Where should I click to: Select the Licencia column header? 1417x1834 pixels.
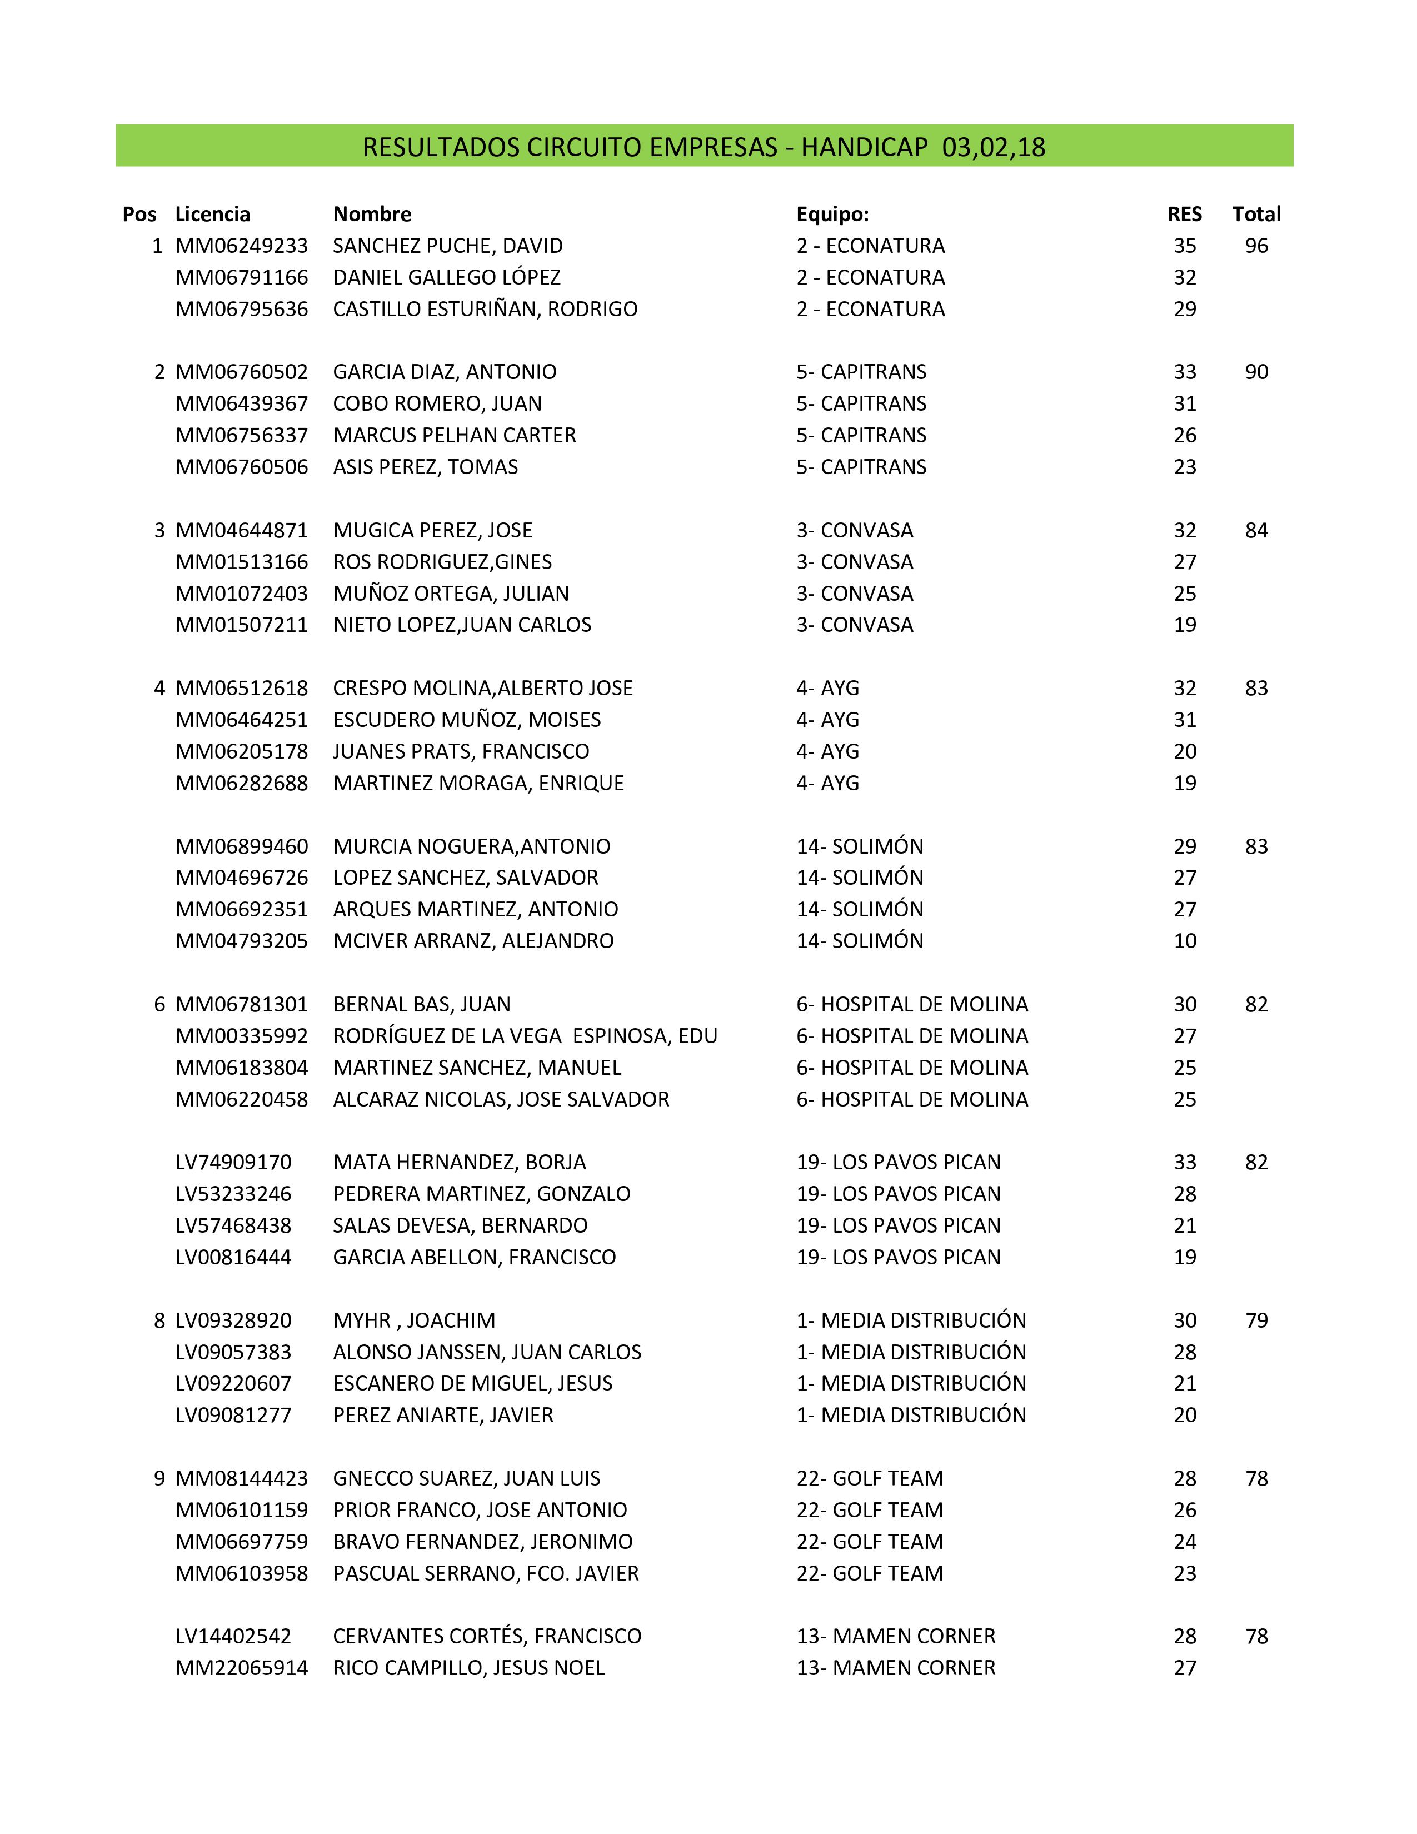click(212, 214)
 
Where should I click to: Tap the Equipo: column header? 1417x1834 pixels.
click(832, 214)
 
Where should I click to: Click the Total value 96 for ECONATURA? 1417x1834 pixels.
click(1256, 246)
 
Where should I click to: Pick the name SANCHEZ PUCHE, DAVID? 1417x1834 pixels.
click(447, 246)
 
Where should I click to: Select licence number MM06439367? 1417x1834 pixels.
click(242, 404)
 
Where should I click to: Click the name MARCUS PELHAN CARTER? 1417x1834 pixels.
click(454, 435)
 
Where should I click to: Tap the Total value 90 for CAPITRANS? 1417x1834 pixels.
click(1256, 372)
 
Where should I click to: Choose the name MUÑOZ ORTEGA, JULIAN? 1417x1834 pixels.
click(451, 594)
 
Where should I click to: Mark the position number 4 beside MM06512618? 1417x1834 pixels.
click(159, 689)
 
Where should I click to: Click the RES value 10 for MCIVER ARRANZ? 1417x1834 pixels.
click(1185, 941)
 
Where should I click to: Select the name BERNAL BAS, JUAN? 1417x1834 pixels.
click(421, 1004)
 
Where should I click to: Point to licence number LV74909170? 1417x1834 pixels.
click(233, 1162)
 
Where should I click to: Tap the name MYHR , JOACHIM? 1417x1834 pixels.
click(414, 1321)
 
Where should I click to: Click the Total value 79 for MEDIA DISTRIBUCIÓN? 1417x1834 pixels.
click(1256, 1321)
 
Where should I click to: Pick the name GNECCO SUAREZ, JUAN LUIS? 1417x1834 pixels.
click(467, 1479)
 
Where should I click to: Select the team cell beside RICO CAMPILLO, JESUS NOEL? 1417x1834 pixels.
click(896, 1668)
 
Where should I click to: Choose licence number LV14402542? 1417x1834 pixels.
click(233, 1637)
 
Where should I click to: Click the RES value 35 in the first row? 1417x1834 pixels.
click(1185, 246)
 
